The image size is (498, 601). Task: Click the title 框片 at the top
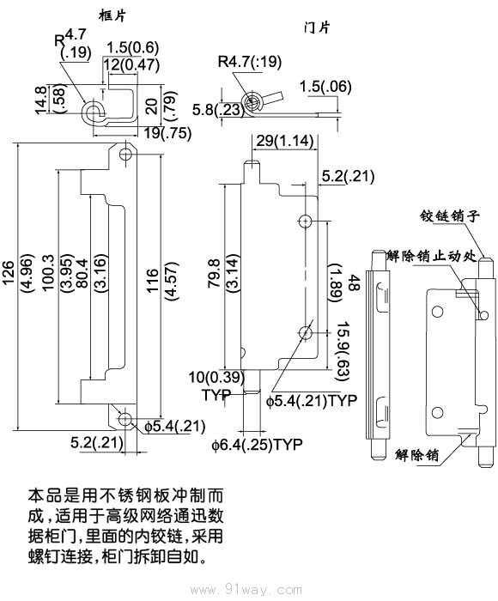[112, 15]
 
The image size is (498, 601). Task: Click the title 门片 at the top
[317, 27]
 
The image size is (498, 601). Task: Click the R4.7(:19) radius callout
[250, 62]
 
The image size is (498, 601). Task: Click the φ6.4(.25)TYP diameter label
[258, 444]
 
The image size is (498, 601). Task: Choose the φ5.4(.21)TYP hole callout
[311, 400]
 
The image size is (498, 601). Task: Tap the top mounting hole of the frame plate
[126, 155]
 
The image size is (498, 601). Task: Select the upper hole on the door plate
[306, 221]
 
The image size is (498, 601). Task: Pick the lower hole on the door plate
[306, 332]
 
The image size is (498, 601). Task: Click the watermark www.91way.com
[248, 590]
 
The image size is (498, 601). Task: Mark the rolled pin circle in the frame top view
[91, 112]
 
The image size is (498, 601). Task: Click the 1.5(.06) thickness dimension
[324, 86]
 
